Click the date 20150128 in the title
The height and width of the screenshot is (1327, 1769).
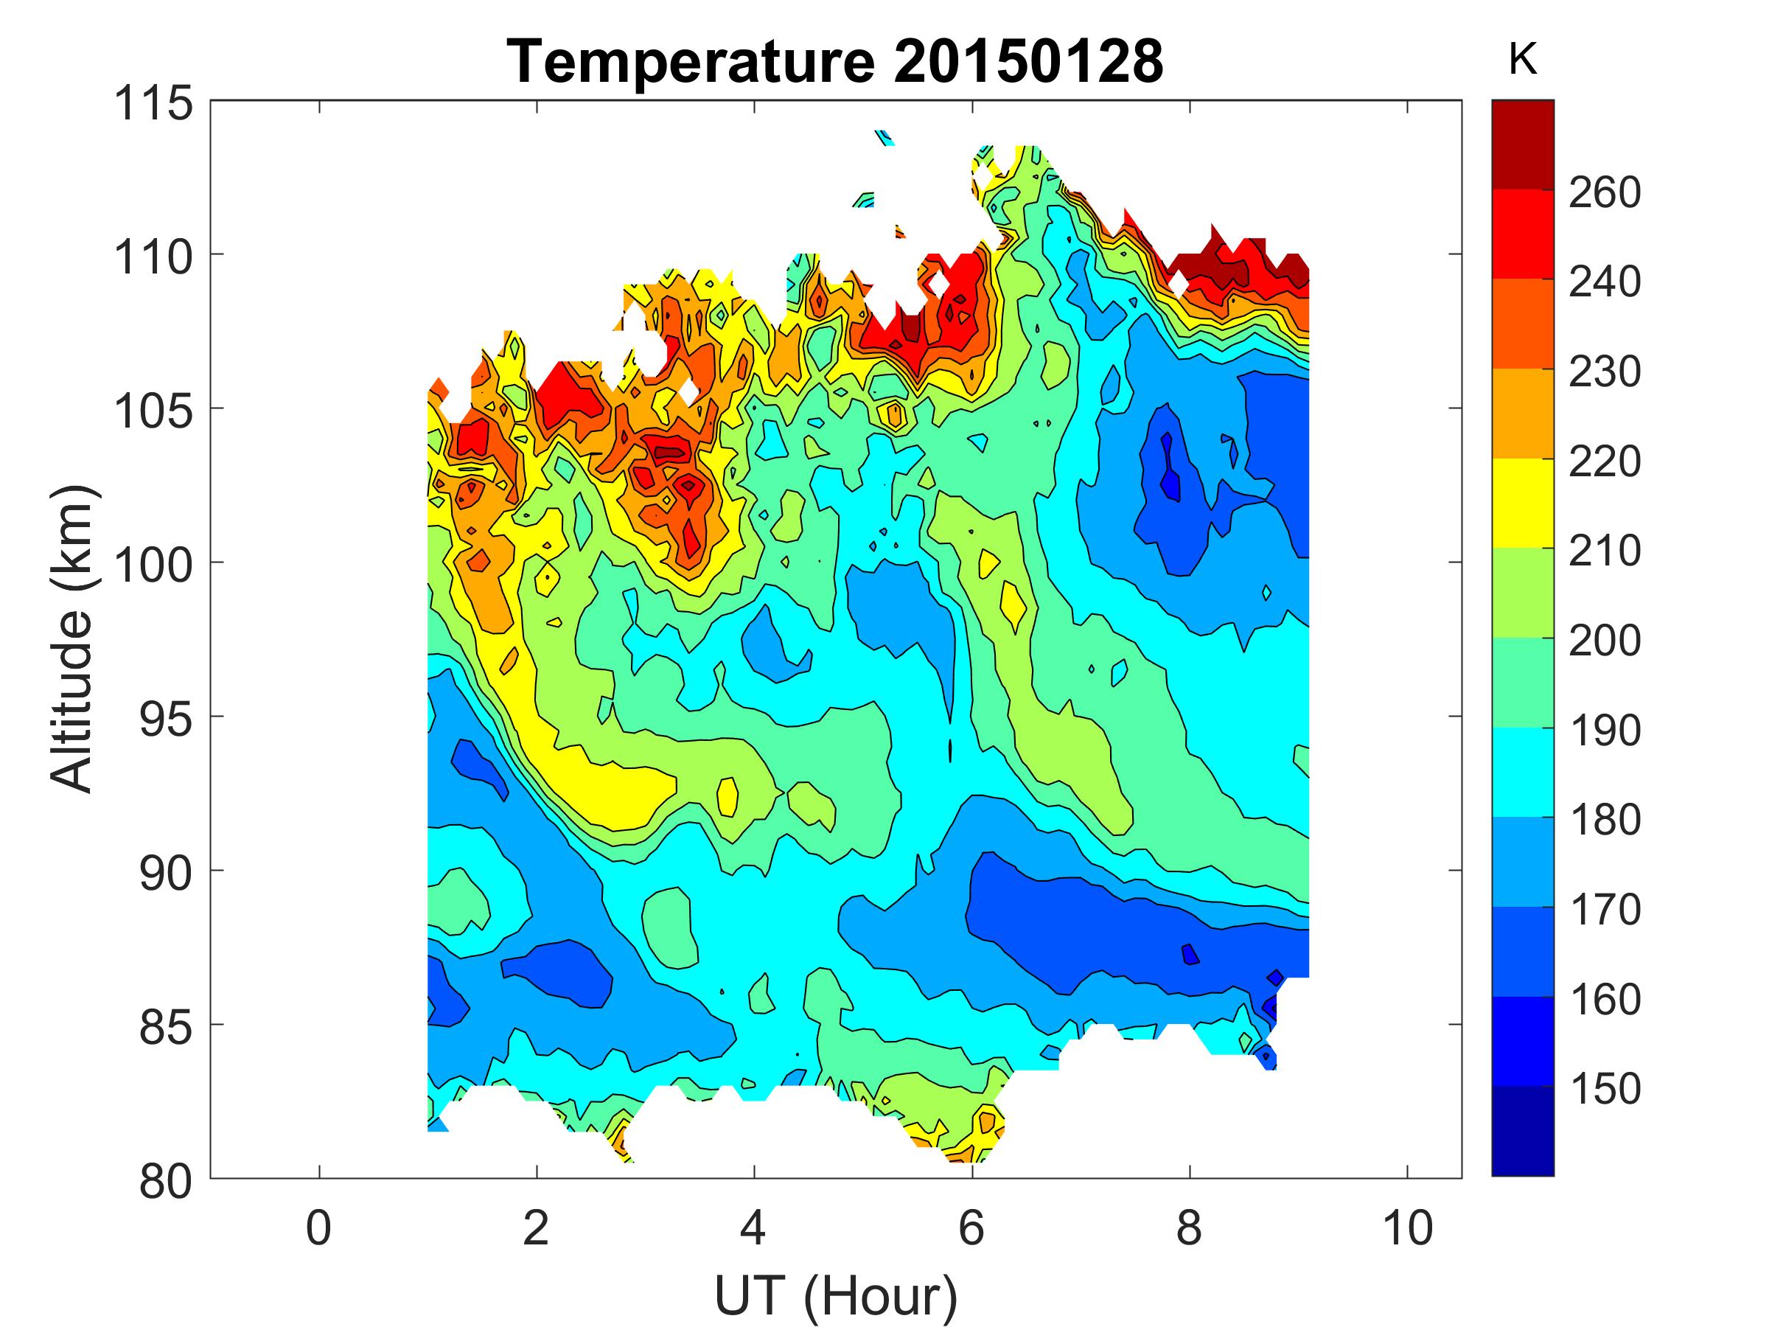pos(1027,62)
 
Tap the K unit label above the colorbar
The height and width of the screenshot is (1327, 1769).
pos(1522,60)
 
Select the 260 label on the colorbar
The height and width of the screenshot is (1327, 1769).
pos(1604,192)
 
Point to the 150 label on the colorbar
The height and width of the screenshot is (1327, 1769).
pos(1604,1089)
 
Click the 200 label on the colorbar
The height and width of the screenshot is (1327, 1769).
pos(1604,641)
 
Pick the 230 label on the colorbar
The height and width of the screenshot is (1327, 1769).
pos(1604,372)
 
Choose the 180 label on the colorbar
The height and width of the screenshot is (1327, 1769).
pos(1604,820)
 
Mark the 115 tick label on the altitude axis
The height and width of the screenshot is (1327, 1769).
pos(153,104)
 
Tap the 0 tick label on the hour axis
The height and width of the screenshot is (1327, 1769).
pos(318,1227)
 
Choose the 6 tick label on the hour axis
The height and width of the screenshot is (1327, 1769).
pos(971,1227)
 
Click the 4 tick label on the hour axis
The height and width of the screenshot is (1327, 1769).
pos(753,1227)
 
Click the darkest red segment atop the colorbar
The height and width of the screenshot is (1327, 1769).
pos(1522,144)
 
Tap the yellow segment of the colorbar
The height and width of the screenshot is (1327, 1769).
pos(1522,502)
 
